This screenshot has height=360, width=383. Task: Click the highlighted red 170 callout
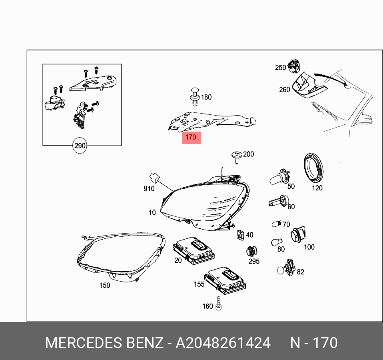[x=191, y=137]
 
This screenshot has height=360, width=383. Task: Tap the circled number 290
[x=80, y=146]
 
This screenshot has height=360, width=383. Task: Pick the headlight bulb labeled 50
[x=279, y=178]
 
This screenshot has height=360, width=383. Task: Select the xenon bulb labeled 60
[x=278, y=201]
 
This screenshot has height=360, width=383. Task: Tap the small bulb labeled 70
[x=276, y=224]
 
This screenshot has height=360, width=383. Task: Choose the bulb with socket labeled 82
[x=287, y=268]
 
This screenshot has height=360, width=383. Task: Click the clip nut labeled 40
[x=240, y=235]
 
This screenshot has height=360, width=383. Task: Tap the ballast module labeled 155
[x=225, y=278]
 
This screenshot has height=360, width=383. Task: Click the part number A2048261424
[x=223, y=343]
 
